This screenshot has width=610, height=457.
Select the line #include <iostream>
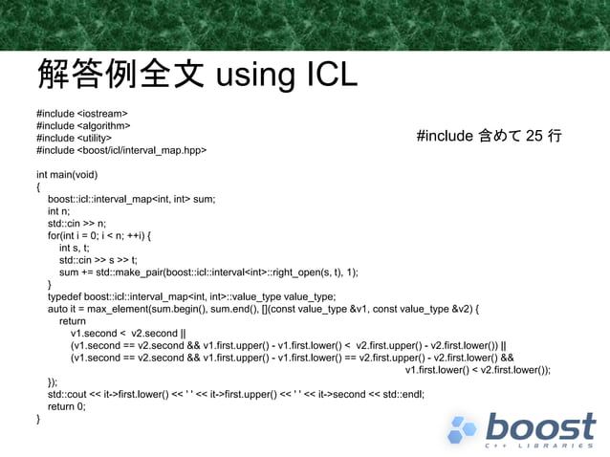[81, 113]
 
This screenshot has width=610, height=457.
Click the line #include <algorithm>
[83, 125]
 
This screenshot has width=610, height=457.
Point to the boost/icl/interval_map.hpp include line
[121, 150]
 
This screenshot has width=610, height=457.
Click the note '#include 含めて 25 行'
[489, 137]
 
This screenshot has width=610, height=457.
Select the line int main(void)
[67, 175]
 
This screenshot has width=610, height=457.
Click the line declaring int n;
[59, 211]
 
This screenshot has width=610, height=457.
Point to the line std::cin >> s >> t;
[98, 260]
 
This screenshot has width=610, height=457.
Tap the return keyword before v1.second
[73, 322]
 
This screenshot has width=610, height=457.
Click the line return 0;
[67, 406]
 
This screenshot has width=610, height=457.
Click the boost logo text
[539, 427]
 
